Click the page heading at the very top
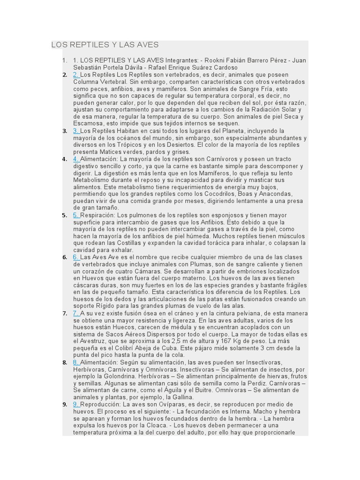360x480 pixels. click(x=105, y=45)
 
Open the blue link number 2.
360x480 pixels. click(x=76, y=75)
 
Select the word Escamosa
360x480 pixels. click(x=88, y=124)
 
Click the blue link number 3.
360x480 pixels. click(x=76, y=131)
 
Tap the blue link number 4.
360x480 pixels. click(x=76, y=159)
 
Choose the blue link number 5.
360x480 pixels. click(x=76, y=215)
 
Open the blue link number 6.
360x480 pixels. click(x=76, y=257)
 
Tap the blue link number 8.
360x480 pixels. click(x=76, y=362)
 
